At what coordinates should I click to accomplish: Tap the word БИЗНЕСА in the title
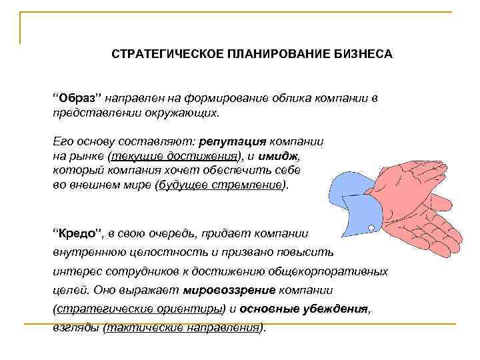tap(361, 53)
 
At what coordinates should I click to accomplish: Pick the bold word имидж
tap(283, 157)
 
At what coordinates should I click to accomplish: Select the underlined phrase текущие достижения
tap(175, 157)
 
